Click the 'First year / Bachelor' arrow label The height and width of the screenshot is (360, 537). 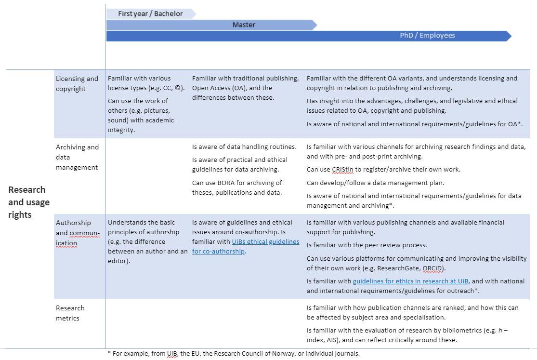150,13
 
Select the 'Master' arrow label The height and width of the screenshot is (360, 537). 244,25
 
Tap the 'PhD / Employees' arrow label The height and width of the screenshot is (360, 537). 427,36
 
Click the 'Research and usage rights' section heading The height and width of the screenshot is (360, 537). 28,202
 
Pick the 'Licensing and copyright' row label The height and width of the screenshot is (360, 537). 77,83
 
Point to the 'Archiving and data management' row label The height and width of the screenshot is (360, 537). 77,157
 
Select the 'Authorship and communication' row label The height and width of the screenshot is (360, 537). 77,233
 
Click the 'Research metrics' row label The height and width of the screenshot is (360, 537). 70,313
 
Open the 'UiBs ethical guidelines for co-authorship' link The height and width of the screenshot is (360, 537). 245,246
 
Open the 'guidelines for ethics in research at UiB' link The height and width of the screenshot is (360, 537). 410,281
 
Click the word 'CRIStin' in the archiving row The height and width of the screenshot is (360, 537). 342,170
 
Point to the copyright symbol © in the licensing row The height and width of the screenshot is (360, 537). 178,88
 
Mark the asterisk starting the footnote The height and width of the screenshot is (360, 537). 109,353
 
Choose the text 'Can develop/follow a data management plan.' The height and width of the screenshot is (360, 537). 375,183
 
